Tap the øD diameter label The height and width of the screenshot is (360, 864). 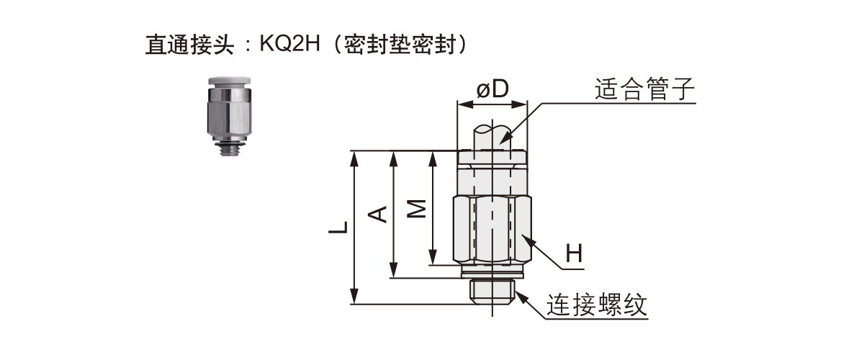(492, 89)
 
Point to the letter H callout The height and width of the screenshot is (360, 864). (573, 253)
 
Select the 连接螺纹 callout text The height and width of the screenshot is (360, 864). (597, 306)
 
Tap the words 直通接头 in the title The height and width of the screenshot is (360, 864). (189, 45)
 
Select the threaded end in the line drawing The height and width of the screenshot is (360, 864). (492, 290)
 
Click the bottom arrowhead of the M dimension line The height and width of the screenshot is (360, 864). (432, 258)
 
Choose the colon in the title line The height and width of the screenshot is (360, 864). (246, 45)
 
